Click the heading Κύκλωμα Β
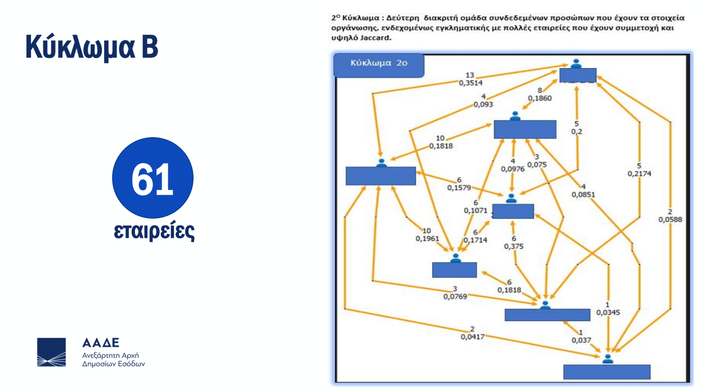(92, 47)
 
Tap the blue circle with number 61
(152, 178)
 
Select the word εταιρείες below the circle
(154, 231)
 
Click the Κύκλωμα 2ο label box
(378, 64)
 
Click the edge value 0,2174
(639, 174)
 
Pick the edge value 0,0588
(670, 220)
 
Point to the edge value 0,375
(513, 246)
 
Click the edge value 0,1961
(427, 238)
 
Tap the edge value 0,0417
(472, 337)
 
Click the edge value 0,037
(581, 340)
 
